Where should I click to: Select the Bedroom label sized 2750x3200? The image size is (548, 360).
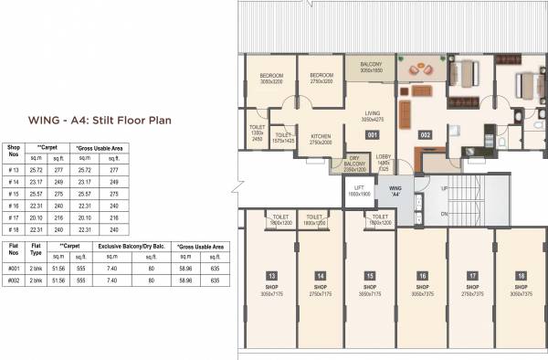(321, 79)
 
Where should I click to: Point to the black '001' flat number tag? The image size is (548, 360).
(372, 134)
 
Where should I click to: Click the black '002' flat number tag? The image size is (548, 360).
(425, 134)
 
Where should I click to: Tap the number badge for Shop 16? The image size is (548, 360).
(423, 275)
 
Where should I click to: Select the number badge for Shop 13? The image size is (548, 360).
(271, 275)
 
